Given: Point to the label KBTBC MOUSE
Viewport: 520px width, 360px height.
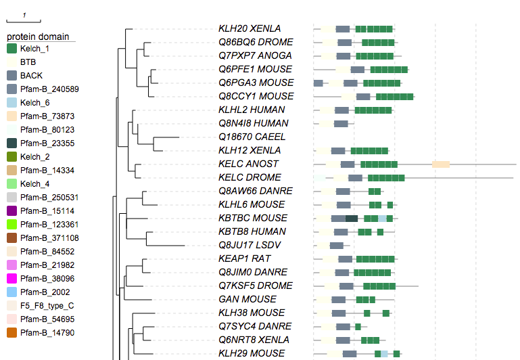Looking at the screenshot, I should [253, 218].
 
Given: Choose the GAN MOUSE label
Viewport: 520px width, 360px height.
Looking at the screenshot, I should [247, 299].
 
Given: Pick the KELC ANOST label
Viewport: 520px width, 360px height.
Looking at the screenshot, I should [248, 164].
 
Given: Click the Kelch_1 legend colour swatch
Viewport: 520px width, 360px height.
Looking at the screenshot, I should [11, 49].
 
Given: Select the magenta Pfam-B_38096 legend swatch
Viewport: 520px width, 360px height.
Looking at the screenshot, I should [11, 278].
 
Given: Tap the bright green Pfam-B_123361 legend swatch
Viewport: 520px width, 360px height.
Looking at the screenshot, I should [11, 224].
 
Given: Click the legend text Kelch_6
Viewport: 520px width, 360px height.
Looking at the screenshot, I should [34, 102].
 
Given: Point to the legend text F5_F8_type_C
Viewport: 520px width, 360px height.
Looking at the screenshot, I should [47, 305].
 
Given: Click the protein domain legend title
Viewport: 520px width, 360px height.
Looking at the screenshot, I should [39, 37].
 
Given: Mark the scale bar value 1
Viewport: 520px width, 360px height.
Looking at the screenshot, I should [24, 15].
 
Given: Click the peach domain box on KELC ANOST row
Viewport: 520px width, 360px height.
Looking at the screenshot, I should [441, 164].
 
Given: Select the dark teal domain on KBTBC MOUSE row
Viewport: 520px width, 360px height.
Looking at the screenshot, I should [352, 218].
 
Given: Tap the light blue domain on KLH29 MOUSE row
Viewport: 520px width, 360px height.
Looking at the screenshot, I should [384, 353].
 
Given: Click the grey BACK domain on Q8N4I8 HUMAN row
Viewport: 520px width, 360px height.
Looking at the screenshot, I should [341, 123].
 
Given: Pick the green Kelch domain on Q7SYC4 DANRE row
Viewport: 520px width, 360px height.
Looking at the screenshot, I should [358, 326].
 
